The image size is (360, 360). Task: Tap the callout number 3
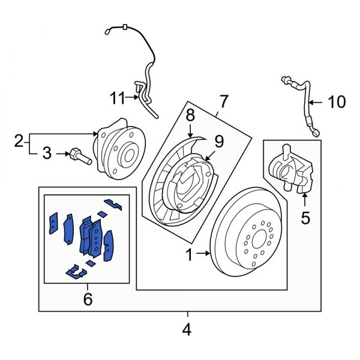point(47,154)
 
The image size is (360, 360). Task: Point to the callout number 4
point(187,329)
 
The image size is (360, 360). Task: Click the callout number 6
point(88,298)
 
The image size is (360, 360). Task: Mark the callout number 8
point(190,113)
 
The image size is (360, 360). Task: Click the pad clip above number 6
point(75,273)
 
